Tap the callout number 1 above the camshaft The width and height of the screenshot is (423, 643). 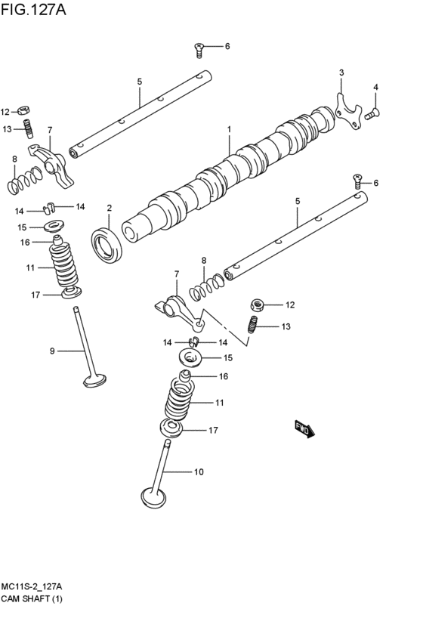229,130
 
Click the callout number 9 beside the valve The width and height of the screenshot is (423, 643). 52,350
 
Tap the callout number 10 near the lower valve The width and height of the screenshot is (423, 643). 199,473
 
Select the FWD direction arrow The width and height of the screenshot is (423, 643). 304,430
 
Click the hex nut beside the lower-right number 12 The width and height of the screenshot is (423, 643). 257,305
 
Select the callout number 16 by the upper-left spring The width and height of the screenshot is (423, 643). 25,243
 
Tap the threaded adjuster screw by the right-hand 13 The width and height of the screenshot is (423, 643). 254,326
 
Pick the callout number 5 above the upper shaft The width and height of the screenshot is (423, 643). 140,82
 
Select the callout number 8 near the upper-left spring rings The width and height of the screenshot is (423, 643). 14,159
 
